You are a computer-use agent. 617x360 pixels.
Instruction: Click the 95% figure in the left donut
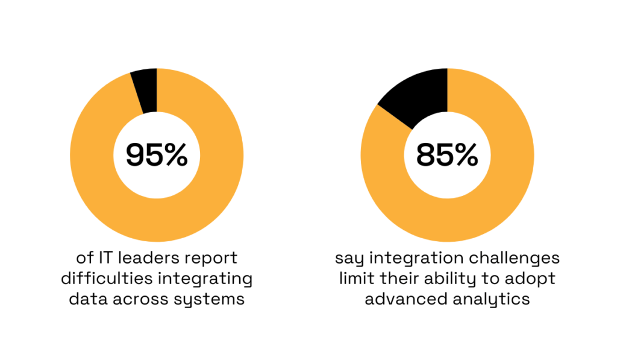pos(157,156)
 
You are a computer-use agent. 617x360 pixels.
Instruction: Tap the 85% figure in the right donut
pos(447,156)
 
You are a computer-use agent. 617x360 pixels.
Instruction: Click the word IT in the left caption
pos(106,259)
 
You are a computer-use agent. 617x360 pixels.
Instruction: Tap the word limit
pos(355,279)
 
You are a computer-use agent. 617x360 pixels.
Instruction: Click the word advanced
pos(401,300)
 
